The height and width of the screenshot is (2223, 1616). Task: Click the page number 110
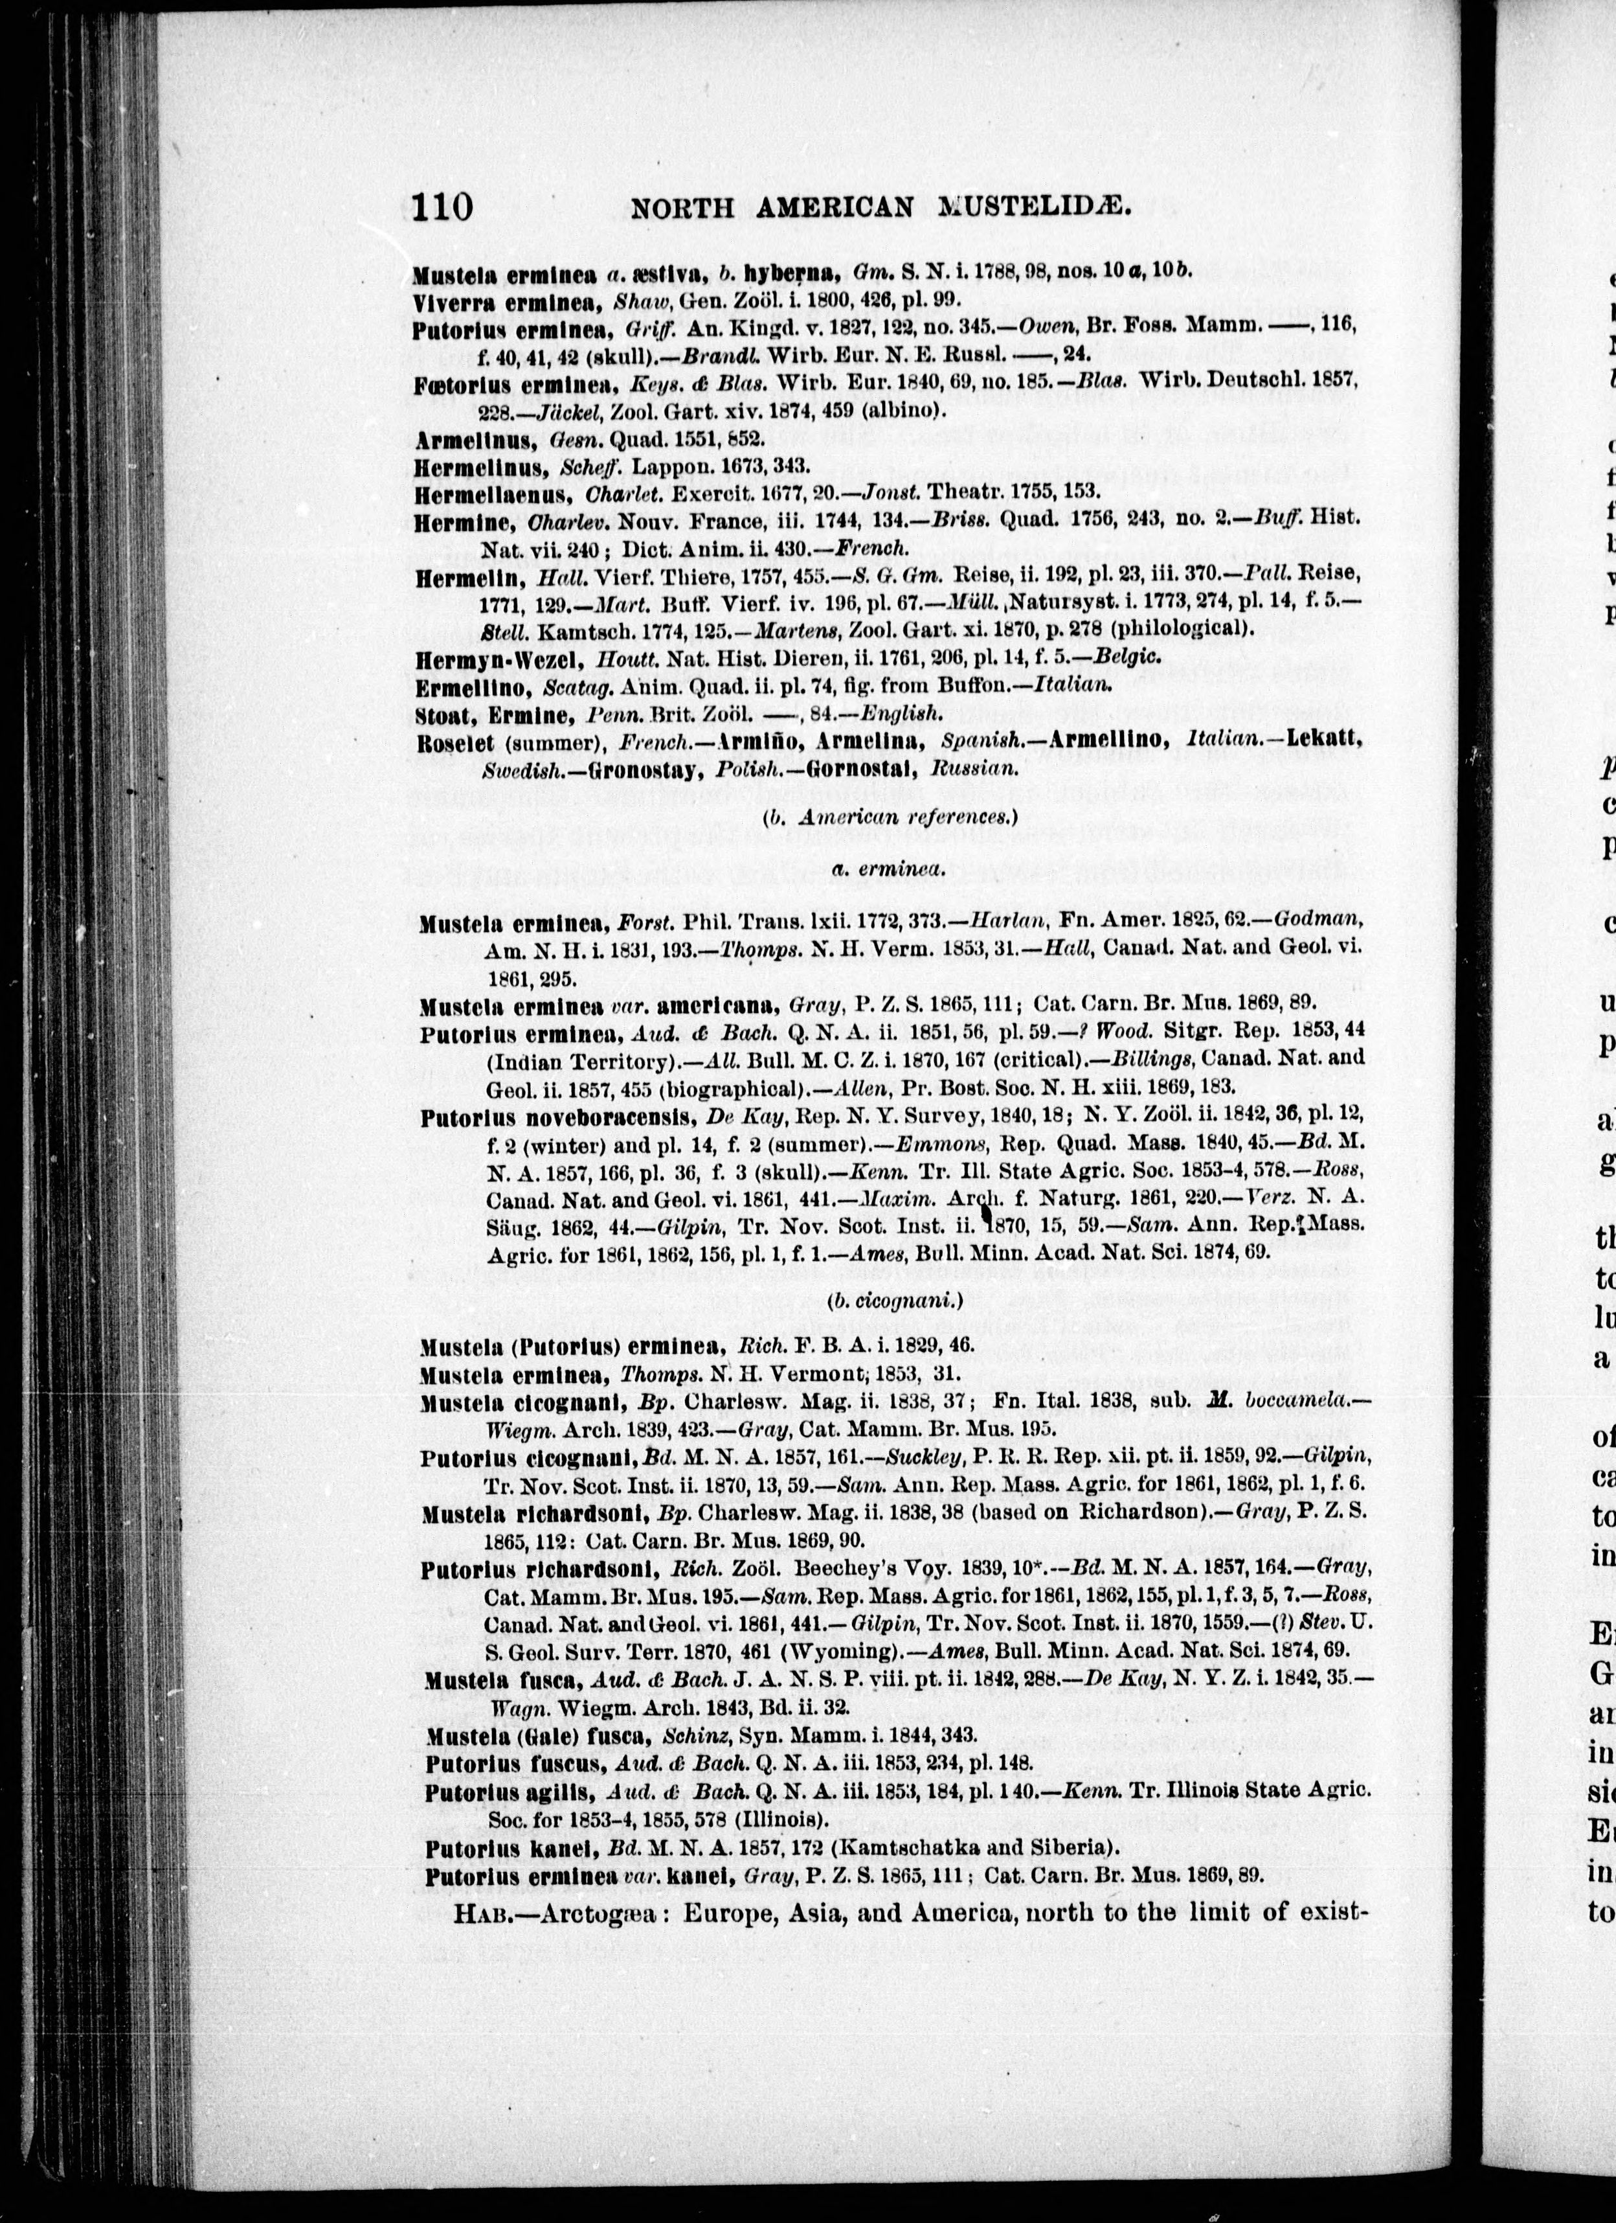pyautogui.click(x=442, y=208)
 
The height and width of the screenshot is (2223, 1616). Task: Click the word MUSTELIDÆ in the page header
pyautogui.click(x=1038, y=208)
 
